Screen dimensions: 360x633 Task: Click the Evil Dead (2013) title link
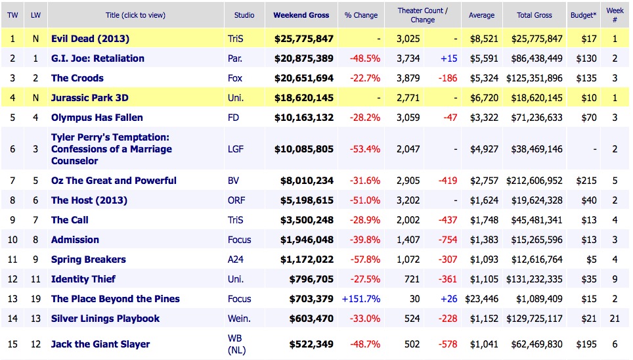89,39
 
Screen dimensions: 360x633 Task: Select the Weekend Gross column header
301,15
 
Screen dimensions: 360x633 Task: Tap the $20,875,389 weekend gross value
303,58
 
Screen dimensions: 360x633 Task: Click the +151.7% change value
360,299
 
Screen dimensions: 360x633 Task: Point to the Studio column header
244,15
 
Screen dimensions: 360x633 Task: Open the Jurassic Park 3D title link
89,98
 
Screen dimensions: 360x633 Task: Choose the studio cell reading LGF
235,149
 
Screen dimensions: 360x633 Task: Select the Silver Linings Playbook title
105,319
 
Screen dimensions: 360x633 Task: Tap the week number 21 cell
615,319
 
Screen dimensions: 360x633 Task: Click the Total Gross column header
534,15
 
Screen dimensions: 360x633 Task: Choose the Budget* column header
584,15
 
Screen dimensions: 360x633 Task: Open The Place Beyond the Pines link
115,299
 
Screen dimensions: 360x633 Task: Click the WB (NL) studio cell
236,344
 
